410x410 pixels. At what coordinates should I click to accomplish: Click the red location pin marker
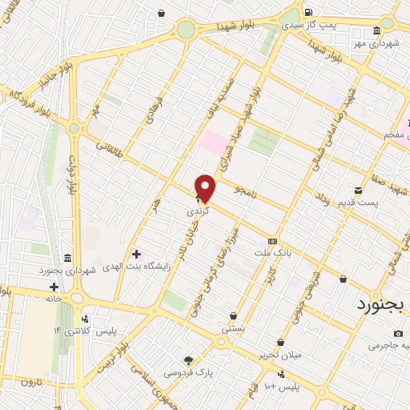click(x=206, y=187)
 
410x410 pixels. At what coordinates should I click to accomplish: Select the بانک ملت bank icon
click(x=273, y=241)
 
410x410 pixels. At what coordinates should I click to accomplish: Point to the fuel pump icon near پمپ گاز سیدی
click(x=307, y=12)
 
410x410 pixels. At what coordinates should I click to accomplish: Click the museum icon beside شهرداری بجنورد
click(x=67, y=259)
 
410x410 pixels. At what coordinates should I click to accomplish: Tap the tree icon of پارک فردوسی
click(x=189, y=360)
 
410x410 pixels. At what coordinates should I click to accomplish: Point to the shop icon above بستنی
click(x=233, y=316)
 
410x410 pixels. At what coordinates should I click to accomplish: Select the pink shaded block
click(x=214, y=143)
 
